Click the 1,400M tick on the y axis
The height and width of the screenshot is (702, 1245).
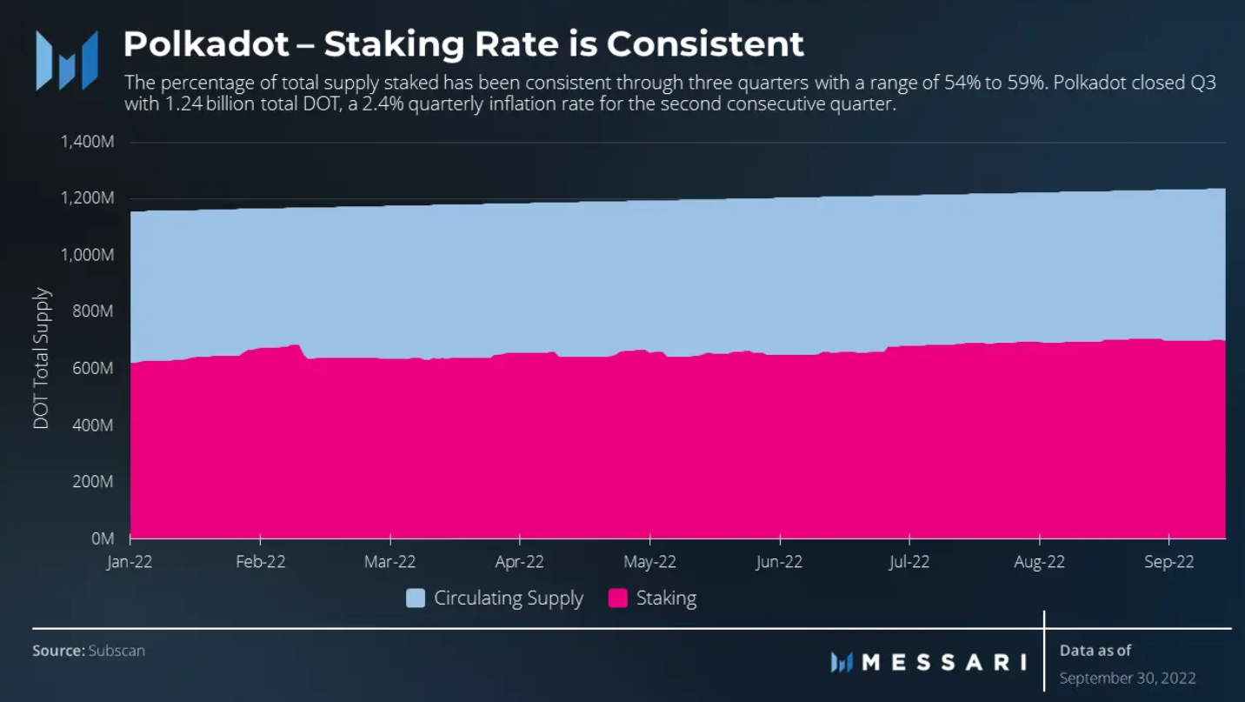pyautogui.click(x=88, y=142)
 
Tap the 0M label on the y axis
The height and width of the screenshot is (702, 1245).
pyautogui.click(x=102, y=538)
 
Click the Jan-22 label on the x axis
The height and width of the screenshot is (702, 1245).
pyautogui.click(x=130, y=562)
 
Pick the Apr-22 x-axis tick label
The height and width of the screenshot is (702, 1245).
pyautogui.click(x=520, y=562)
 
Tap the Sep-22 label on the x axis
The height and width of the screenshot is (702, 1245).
pyautogui.click(x=1169, y=562)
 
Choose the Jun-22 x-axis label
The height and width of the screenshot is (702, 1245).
pyautogui.click(x=779, y=562)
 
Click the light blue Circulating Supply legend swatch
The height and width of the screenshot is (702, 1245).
pyautogui.click(x=416, y=598)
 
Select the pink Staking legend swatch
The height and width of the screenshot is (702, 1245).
pyautogui.click(x=617, y=598)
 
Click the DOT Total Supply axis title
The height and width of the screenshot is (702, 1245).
pyautogui.click(x=42, y=358)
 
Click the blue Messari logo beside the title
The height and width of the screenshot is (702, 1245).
pyautogui.click(x=66, y=60)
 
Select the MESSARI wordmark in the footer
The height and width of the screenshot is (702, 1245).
pyautogui.click(x=942, y=662)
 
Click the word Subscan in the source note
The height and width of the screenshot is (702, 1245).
pyautogui.click(x=117, y=651)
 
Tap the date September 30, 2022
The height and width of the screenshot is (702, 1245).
pyautogui.click(x=1128, y=678)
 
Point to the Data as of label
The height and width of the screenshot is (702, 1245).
pyautogui.click(x=1095, y=650)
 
